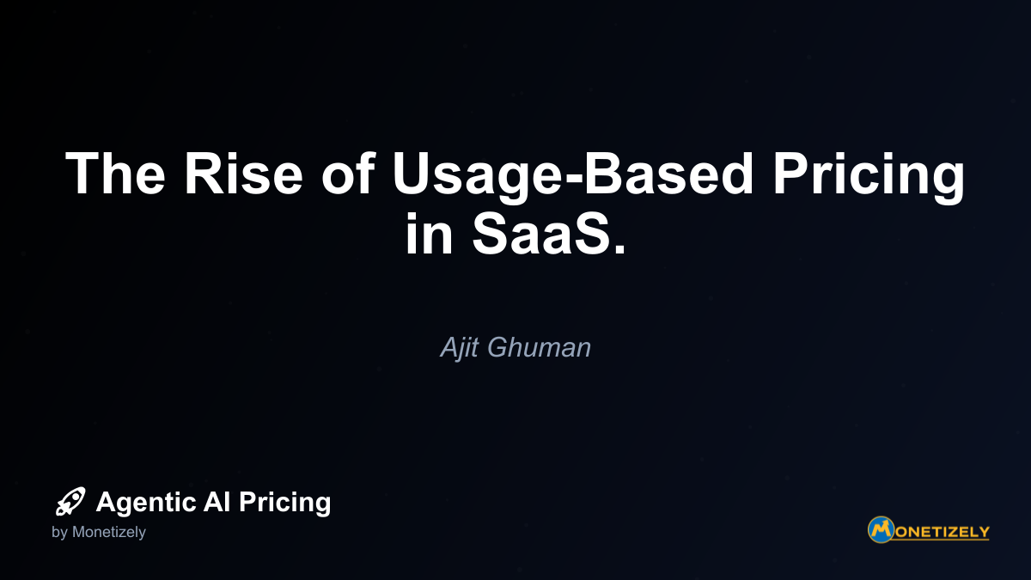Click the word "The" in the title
point(115,174)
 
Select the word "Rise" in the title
point(243,174)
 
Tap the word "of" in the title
point(349,174)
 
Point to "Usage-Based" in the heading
point(572,178)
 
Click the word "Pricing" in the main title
point(869,178)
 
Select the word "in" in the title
point(429,233)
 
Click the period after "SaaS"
point(620,248)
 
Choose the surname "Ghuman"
point(539,347)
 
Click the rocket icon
point(70,501)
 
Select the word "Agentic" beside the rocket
point(146,502)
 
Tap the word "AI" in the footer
point(217,501)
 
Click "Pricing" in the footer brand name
point(284,503)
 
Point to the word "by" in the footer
point(59,533)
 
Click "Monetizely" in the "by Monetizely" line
point(108,533)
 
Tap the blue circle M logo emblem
point(881,530)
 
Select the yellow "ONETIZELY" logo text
point(943,533)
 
